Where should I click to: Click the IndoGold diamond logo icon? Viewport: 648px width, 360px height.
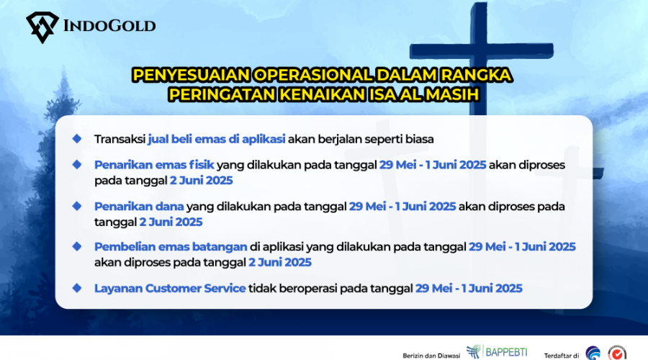click(42, 27)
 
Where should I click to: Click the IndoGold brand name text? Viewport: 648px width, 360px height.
click(109, 26)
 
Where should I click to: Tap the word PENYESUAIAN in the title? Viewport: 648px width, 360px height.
click(192, 75)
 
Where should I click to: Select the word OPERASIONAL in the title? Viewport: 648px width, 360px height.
click(314, 75)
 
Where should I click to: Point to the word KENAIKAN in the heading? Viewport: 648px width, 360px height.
click(323, 94)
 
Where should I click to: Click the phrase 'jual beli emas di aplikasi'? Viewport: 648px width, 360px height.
click(217, 139)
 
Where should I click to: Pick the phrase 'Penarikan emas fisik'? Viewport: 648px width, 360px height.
click(154, 164)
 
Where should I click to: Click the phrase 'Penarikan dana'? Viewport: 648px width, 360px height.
click(139, 206)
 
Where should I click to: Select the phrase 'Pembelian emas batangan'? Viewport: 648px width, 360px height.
click(171, 247)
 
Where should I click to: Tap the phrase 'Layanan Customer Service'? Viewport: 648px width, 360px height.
click(170, 288)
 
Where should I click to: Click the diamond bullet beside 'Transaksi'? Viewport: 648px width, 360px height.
click(77, 139)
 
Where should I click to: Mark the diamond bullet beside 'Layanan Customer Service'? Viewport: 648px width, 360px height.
click(77, 288)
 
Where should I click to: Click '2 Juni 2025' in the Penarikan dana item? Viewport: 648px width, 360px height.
click(171, 222)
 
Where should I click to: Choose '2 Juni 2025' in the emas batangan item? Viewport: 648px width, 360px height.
click(280, 263)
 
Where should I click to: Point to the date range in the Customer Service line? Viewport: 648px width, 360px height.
click(469, 288)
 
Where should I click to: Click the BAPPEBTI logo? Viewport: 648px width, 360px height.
click(497, 352)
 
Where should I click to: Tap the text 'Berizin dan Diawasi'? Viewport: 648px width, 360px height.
click(431, 356)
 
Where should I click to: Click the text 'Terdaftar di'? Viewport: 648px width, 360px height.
click(561, 356)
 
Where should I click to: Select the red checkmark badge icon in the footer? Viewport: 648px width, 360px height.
click(617, 354)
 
